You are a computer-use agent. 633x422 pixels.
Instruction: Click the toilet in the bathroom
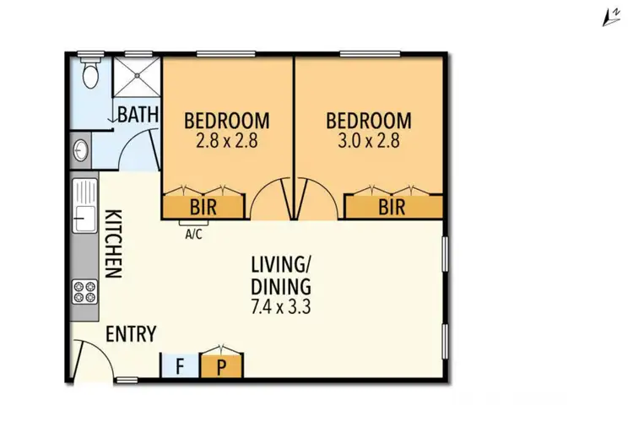click(89, 73)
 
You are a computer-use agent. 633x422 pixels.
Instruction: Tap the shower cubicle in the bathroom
click(136, 78)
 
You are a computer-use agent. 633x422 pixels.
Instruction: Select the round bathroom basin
click(81, 151)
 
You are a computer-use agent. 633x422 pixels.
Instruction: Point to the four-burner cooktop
click(84, 292)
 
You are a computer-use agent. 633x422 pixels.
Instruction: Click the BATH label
click(138, 115)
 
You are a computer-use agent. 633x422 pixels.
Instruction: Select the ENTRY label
click(131, 334)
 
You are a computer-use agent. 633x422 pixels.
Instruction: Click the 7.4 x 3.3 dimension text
click(282, 307)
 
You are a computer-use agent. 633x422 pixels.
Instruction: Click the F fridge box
click(179, 365)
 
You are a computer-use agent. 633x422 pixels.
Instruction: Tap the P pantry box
click(221, 365)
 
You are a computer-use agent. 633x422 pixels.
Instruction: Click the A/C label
click(193, 235)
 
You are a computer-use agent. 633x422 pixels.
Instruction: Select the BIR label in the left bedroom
click(204, 206)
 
